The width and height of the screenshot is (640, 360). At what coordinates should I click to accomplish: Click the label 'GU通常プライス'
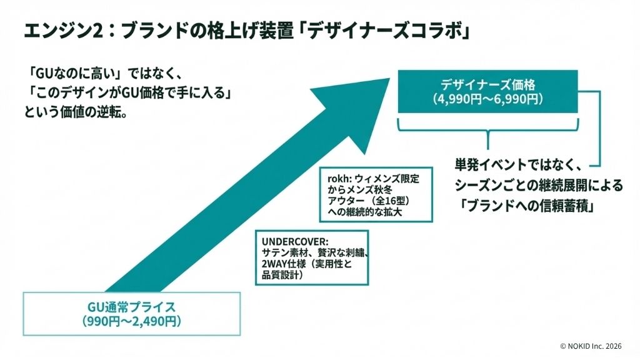click(x=131, y=307)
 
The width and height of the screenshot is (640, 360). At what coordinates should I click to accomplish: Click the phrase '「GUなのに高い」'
click(x=68, y=70)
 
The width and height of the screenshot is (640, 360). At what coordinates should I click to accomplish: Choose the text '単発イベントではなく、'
click(x=518, y=167)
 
